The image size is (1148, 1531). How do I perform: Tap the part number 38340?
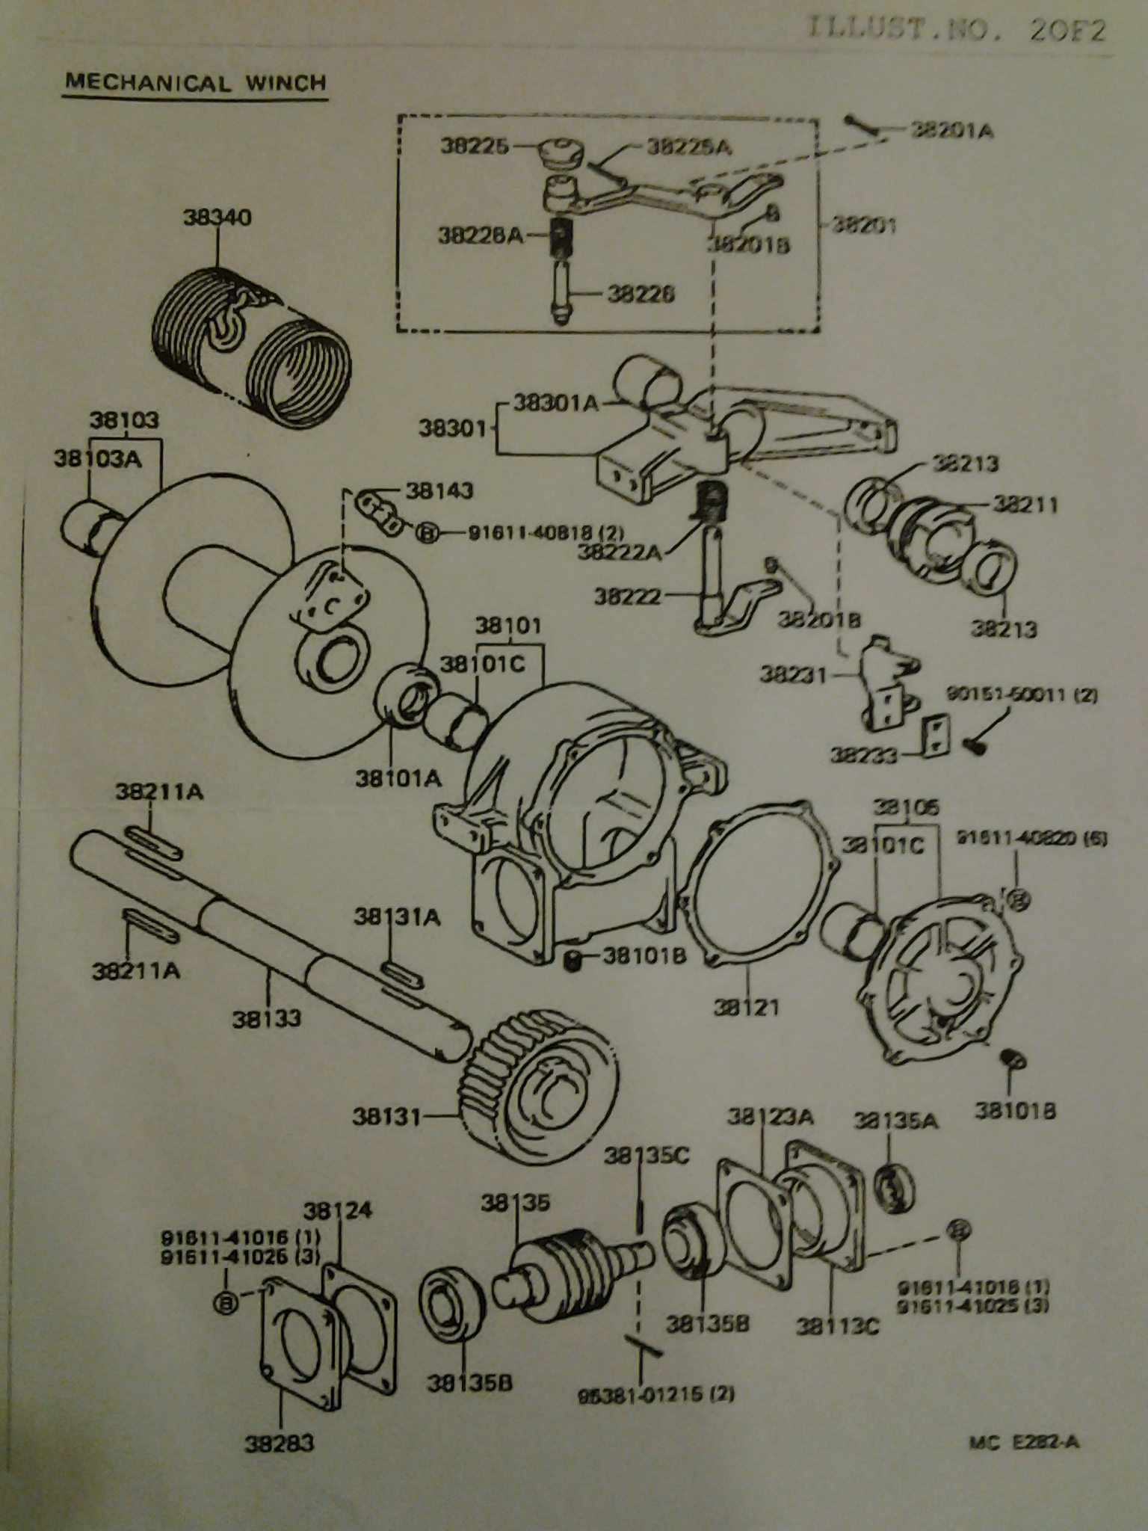(217, 218)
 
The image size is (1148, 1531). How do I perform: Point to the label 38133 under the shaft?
(266, 1018)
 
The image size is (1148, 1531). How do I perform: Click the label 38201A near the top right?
(951, 130)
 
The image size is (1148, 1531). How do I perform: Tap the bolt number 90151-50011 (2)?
(1022, 694)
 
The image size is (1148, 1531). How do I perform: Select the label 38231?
(793, 675)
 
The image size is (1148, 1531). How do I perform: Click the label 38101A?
(398, 779)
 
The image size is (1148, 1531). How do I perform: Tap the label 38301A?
(556, 404)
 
